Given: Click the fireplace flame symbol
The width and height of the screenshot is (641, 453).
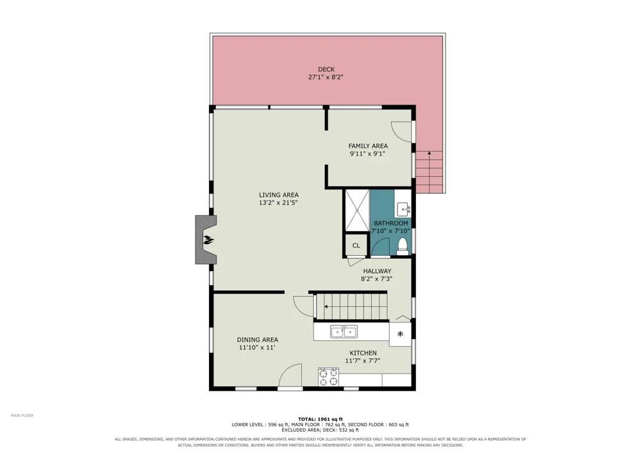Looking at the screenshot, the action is (x=208, y=240).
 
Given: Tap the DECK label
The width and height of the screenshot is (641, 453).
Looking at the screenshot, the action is (x=326, y=69).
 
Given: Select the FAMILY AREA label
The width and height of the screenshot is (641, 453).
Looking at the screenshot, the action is (x=368, y=146).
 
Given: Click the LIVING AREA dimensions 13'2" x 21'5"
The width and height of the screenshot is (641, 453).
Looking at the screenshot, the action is (x=278, y=202).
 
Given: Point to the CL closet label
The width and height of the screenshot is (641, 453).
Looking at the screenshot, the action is (x=356, y=245).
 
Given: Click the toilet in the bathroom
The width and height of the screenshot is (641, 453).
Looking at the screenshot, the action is (x=403, y=247).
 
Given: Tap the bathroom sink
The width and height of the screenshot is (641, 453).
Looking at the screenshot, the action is (x=403, y=210).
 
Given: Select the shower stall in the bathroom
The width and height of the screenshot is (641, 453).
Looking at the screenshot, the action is (x=357, y=210).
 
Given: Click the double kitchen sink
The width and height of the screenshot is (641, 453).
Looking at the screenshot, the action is (x=344, y=332).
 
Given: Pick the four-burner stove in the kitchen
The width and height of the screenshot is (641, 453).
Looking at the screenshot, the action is (x=329, y=377).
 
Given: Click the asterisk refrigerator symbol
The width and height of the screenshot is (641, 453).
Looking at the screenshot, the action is (x=400, y=334).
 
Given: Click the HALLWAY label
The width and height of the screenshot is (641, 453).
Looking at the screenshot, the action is (x=378, y=271).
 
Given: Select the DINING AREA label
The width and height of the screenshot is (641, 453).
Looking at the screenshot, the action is (x=258, y=340).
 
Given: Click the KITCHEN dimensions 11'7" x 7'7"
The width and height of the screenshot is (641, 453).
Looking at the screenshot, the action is (x=363, y=361).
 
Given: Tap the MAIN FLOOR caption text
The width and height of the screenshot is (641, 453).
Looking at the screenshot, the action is (x=22, y=415).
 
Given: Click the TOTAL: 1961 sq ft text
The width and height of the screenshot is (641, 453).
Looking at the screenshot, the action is (x=320, y=419).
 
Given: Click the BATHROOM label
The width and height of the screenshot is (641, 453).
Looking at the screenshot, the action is (x=391, y=224).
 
